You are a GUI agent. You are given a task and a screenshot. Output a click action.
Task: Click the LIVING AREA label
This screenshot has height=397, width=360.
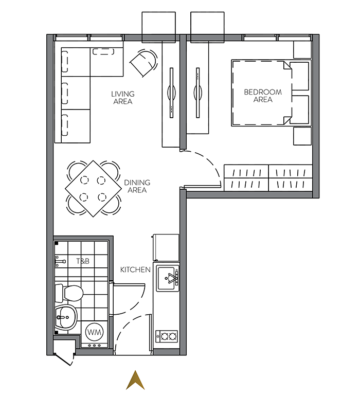tap(123, 98)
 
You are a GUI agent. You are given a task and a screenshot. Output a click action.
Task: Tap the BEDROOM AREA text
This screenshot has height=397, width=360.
tap(263, 96)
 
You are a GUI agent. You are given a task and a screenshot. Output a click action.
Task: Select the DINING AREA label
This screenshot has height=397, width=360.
tap(137, 186)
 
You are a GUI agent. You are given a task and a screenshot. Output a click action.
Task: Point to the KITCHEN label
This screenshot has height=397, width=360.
tap(135, 270)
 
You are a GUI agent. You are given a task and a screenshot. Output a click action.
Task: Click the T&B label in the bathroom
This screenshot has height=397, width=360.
tap(83, 261)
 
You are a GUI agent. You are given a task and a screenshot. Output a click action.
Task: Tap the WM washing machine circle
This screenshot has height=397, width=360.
tap(95, 332)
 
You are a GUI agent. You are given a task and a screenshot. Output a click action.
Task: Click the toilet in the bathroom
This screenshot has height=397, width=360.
tap(69, 293)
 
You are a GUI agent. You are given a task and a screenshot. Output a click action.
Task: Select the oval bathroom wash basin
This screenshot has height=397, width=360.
tap(65, 317)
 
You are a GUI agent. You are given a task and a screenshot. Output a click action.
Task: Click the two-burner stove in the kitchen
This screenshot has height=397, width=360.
tap(167, 336)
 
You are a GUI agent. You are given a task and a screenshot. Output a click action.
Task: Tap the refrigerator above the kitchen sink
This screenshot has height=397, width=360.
tap(166, 248)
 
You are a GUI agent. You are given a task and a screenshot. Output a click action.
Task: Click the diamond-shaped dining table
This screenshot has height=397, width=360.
tap(94, 189)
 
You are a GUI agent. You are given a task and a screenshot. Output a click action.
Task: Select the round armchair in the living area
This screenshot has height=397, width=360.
tap(144, 63)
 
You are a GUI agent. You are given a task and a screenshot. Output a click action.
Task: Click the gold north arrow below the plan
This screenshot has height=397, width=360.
tap(135, 381)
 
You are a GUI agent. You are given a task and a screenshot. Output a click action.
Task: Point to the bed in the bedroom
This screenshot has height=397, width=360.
tap(271, 93)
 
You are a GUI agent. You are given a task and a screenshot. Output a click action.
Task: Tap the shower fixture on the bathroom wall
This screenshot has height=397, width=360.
tap(60, 261)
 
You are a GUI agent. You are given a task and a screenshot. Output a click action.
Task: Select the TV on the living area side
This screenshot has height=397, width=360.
tap(171, 93)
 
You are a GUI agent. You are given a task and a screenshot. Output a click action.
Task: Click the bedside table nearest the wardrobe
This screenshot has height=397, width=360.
tap(302, 136)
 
